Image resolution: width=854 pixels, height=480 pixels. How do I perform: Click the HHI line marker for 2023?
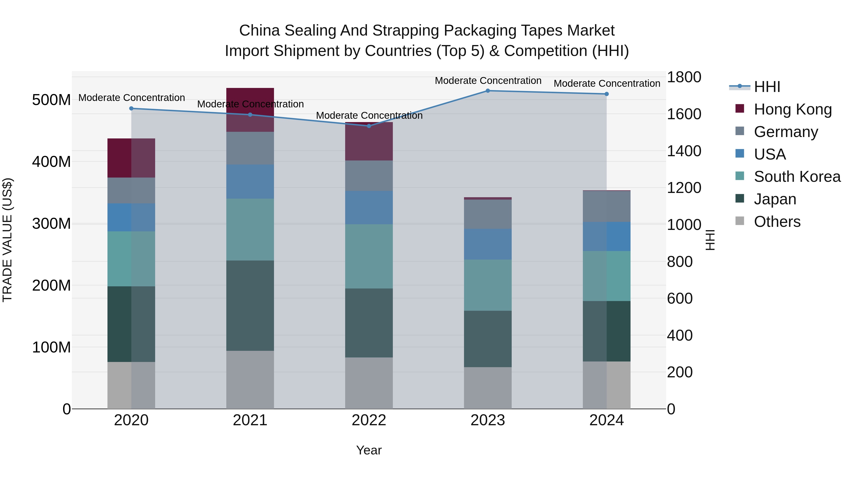pos(488,91)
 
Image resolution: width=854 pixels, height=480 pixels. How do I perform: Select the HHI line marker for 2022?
pos(369,126)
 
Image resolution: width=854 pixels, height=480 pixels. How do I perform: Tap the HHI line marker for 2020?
pos(131,108)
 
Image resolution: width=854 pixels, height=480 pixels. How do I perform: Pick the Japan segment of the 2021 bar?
pos(250,306)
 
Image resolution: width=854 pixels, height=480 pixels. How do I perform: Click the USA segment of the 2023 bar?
pos(488,244)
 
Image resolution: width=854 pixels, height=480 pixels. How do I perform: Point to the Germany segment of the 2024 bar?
pos(607,206)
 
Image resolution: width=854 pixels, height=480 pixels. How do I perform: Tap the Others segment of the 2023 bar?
pos(488,388)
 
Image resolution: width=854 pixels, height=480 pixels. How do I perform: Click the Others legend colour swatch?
pos(740,221)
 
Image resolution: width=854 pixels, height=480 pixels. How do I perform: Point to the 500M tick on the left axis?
pos(51,100)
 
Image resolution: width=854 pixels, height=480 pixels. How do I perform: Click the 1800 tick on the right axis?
pos(684,77)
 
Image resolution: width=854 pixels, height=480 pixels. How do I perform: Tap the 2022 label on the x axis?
pos(369,420)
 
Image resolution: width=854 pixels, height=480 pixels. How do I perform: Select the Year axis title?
pos(369,450)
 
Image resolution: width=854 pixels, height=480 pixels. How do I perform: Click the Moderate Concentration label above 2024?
pos(607,83)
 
